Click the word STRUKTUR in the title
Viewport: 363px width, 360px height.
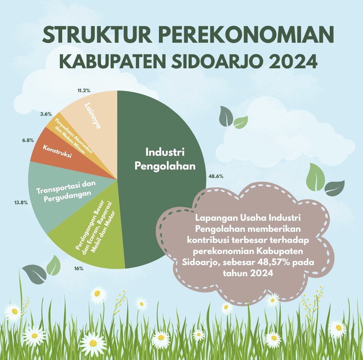pos(97,35)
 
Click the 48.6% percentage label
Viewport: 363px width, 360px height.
pos(216,176)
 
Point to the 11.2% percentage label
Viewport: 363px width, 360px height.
pos(84,91)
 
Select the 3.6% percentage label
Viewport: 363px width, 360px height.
pos(46,114)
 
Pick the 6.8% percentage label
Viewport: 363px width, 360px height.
pos(28,140)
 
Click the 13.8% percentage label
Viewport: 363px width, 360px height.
pos(21,203)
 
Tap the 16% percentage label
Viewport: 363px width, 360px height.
pos(79,268)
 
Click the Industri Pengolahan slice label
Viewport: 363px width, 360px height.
pos(165,159)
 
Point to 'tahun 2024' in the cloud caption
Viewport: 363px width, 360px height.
pos(248,273)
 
